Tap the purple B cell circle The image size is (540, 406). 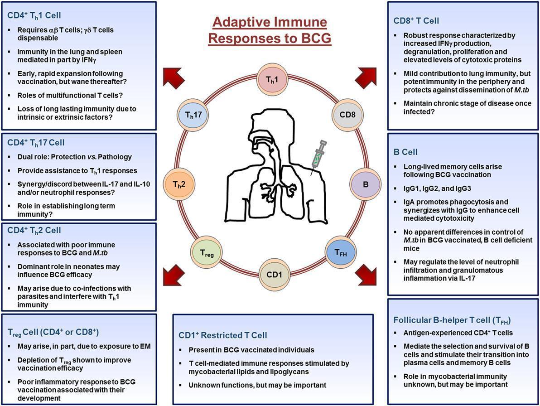pyautogui.click(x=365, y=185)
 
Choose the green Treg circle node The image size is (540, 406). pyautogui.click(x=203, y=252)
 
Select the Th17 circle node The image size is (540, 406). pyautogui.click(x=190, y=115)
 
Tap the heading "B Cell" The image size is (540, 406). pyautogui.click(x=405, y=152)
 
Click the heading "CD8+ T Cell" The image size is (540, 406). pyautogui.click(x=416, y=21)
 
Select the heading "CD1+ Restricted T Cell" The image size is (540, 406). pyautogui.click(x=223, y=335)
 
